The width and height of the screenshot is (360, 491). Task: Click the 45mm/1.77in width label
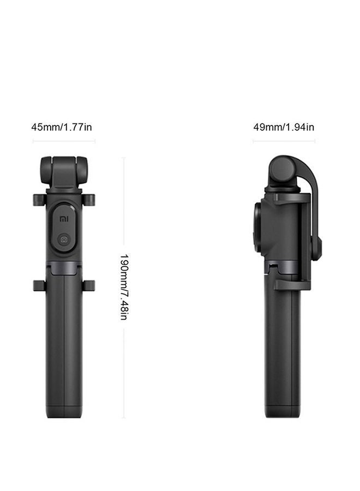pos(61,127)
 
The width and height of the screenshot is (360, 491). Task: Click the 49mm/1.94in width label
pos(284,127)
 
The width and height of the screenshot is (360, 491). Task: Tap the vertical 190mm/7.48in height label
pos(124,287)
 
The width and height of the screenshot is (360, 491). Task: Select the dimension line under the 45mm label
pos(64,141)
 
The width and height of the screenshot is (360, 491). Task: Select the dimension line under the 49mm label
pos(284,141)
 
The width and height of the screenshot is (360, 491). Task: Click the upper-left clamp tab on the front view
pos(38,199)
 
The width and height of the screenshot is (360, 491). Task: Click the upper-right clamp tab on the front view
pos(89,199)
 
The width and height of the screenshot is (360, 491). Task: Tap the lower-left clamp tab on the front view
pos(38,285)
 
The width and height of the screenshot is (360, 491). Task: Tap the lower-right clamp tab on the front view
pos(89,285)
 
